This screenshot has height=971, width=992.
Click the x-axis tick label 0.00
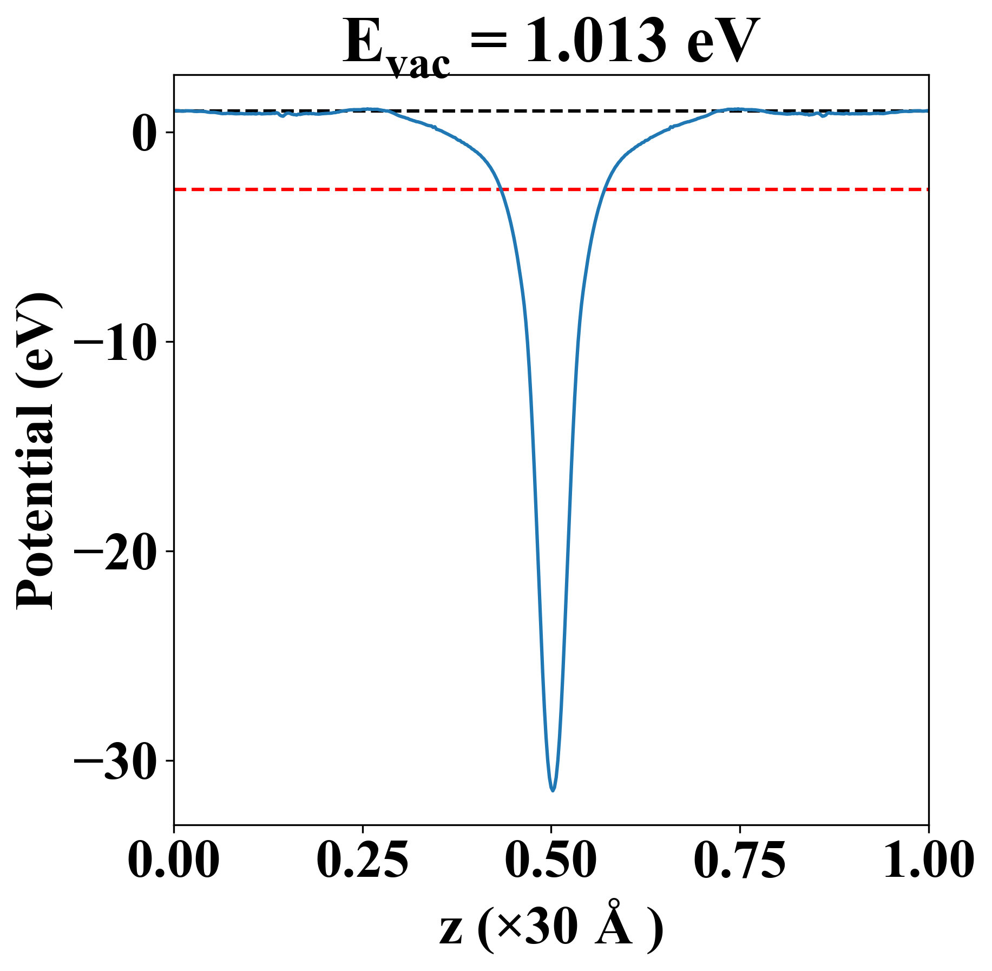tap(174, 860)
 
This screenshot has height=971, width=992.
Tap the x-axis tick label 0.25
tap(362, 860)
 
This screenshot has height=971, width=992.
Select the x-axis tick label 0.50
tap(551, 860)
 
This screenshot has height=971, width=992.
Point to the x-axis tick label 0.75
tap(739, 860)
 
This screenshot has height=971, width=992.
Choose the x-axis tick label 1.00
tap(928, 860)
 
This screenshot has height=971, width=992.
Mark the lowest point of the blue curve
tap(553, 790)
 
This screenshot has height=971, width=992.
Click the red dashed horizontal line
tap(325, 189)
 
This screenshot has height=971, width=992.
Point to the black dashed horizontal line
tap(541, 111)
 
